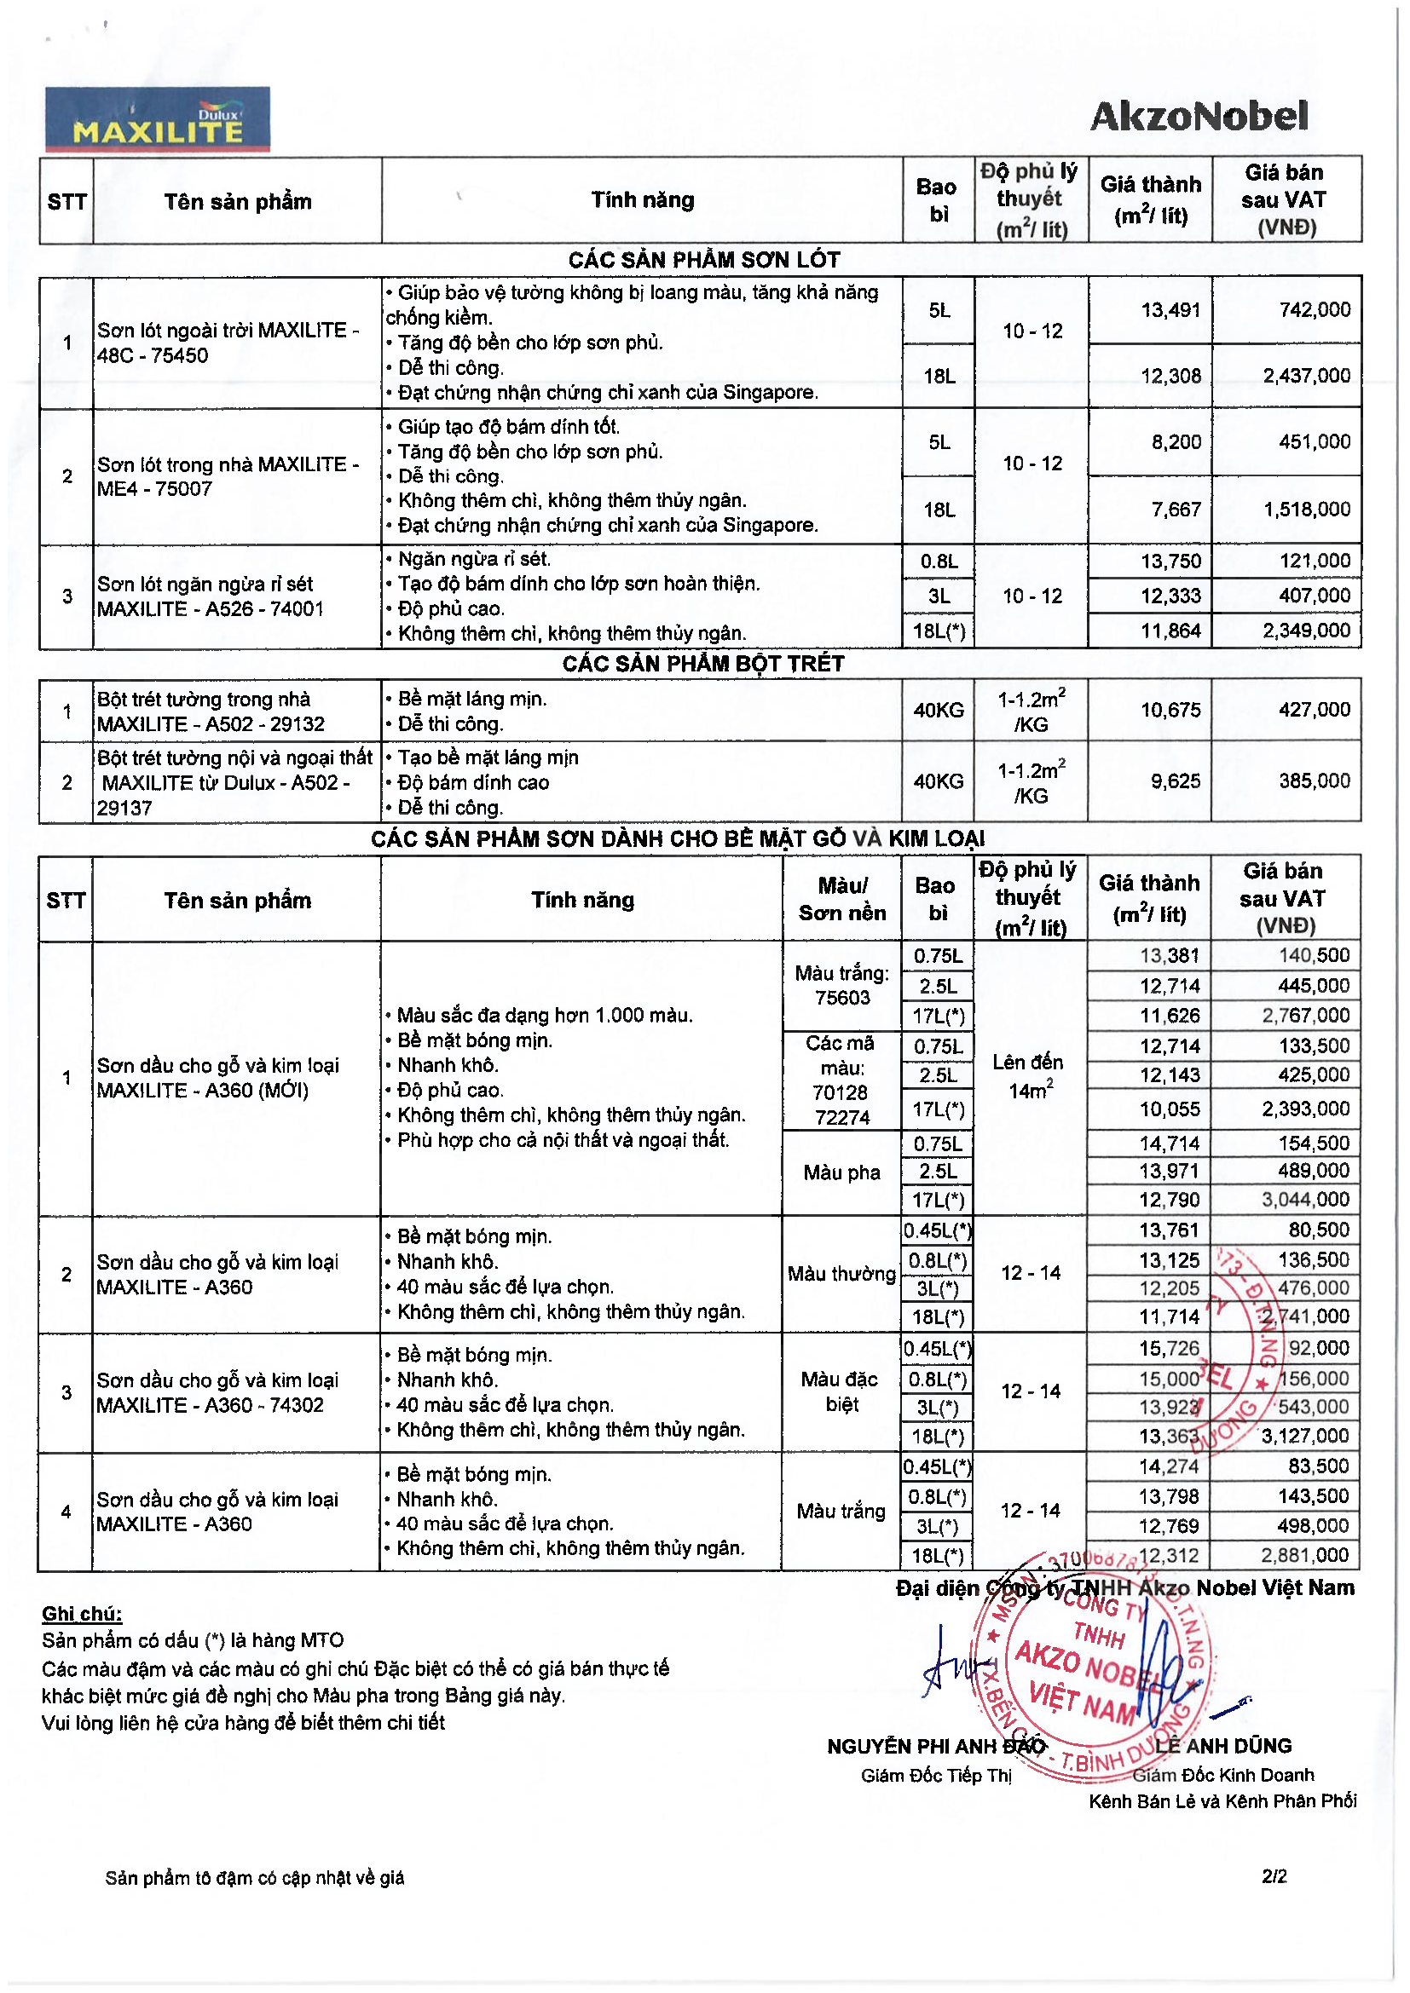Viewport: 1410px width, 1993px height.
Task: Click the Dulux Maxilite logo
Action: coord(157,119)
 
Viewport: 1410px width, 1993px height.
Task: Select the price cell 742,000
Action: coord(1314,310)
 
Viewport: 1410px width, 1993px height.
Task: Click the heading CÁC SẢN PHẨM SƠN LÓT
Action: coord(703,260)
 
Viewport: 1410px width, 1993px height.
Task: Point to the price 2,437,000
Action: coord(1306,376)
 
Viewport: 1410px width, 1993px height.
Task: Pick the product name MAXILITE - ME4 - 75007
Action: coord(228,476)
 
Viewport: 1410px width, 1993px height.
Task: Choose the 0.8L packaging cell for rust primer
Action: coord(939,562)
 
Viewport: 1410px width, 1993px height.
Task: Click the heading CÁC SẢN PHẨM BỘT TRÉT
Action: coord(703,664)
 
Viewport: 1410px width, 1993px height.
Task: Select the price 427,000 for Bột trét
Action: coord(1314,710)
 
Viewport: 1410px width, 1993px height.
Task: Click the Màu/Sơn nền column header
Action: coord(842,899)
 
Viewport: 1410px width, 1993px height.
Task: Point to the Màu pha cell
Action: coord(841,1172)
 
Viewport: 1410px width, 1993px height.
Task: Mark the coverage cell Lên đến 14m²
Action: coord(1029,1076)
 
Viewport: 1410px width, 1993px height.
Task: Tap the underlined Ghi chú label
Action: coord(83,1614)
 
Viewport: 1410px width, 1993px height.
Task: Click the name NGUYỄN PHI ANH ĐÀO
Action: coord(936,1747)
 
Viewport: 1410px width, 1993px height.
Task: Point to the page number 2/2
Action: coord(1274,1876)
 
